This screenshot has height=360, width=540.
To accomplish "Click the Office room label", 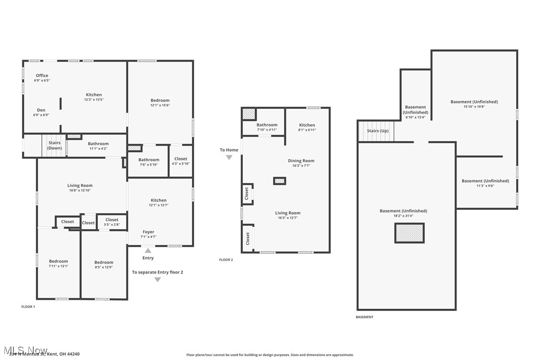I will pyautogui.click(x=42, y=76).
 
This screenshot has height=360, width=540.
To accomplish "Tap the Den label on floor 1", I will pyautogui.click(x=41, y=110).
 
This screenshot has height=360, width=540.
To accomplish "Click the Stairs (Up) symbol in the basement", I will pyautogui.click(x=377, y=131).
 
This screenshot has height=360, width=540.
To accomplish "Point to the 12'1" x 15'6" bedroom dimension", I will pyautogui.click(x=160, y=105).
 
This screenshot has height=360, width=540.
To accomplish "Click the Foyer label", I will pyautogui.click(x=148, y=232).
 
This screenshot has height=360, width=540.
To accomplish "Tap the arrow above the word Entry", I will pyautogui.click(x=148, y=250).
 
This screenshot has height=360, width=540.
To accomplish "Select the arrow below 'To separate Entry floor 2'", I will pyautogui.click(x=158, y=280).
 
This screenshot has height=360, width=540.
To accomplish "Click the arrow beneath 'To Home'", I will pyautogui.click(x=229, y=158).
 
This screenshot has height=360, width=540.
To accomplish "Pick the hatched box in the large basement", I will pyautogui.click(x=409, y=233).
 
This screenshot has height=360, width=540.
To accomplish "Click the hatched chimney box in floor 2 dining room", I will pyautogui.click(x=279, y=181).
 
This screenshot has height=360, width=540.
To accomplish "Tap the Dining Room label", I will pyautogui.click(x=301, y=161).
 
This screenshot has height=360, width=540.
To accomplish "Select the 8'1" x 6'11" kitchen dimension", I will pyautogui.click(x=307, y=130).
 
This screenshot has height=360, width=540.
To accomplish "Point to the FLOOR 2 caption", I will pyautogui.click(x=226, y=260).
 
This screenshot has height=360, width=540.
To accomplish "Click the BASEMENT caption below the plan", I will pyautogui.click(x=364, y=317).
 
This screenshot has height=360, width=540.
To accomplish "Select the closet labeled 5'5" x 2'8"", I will pyautogui.click(x=112, y=222).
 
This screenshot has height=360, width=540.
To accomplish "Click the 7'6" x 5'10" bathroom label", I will pyautogui.click(x=149, y=162).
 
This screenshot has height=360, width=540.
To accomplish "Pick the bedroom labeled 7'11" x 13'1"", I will pyautogui.click(x=58, y=264).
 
